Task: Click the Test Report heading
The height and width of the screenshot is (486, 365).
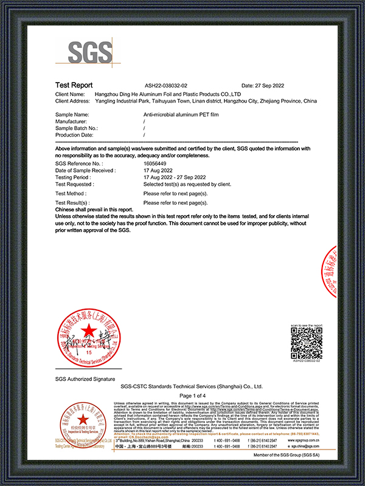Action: [74, 86]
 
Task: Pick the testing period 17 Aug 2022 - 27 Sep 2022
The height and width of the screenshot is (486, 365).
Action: [174, 177]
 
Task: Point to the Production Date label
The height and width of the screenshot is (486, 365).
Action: [75, 135]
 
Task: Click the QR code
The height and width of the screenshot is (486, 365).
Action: [306, 343]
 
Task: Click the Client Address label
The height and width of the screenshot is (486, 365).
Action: [76, 101]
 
